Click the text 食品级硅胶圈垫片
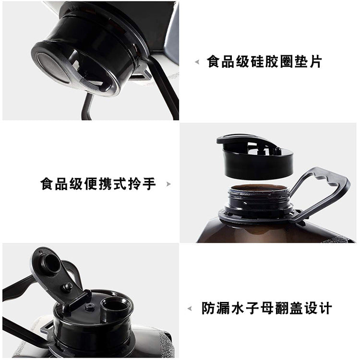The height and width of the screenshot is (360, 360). click(264, 61)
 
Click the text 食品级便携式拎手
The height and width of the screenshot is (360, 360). click(98, 184)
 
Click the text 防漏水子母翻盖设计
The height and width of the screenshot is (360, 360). click(267, 308)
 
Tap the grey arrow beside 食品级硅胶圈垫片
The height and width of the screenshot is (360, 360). click(197, 62)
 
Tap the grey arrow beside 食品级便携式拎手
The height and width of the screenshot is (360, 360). click(168, 184)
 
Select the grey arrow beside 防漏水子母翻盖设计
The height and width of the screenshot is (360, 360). click(190, 308)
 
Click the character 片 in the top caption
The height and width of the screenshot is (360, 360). click(315, 61)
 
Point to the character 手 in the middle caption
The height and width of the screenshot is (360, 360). click(149, 184)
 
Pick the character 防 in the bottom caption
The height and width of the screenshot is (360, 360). click(208, 308)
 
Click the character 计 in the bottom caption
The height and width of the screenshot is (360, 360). click(325, 308)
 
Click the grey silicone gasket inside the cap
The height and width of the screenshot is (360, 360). click(52, 67)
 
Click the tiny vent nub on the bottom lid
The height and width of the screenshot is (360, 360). click(90, 307)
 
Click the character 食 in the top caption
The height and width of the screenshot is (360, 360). click(214, 61)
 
